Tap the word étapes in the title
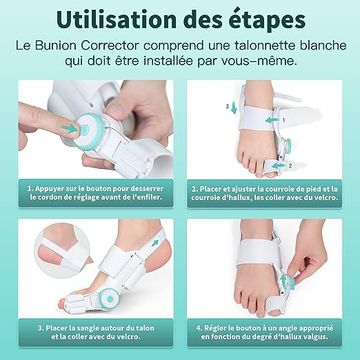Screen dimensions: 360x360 pyautogui.click(x=272, y=21)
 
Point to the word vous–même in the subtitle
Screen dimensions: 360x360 pyautogui.click(x=262, y=62)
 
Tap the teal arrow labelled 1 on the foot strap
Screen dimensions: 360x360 pyautogui.click(x=273, y=119)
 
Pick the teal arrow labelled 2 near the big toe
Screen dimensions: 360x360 pyautogui.click(x=278, y=165)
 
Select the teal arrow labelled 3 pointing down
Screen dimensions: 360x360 pyautogui.click(x=234, y=108)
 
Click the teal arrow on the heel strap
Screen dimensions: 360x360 pyautogui.click(x=155, y=243)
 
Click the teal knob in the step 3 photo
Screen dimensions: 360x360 pyautogui.click(x=110, y=297)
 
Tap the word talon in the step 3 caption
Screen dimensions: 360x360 pyautogui.click(x=145, y=328)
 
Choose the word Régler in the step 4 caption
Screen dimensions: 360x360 pyautogui.click(x=215, y=328)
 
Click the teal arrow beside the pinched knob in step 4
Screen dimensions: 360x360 pyautogui.click(x=284, y=281)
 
